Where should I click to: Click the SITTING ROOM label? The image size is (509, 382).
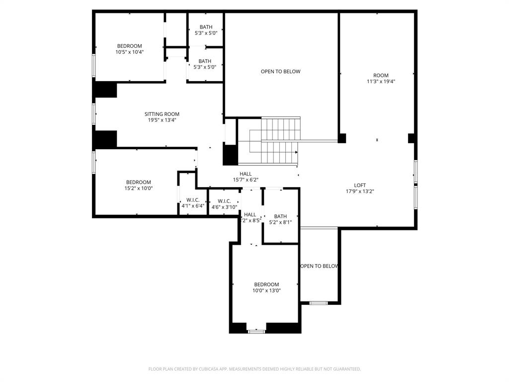pos(162,114)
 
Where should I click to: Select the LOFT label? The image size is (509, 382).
pos(360,185)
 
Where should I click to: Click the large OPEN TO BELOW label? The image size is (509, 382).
pos(280,72)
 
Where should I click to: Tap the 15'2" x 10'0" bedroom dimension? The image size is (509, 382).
pos(138,188)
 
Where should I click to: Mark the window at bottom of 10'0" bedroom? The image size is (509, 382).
pos(256,331)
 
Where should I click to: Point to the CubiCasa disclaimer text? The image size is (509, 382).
pos(254,369)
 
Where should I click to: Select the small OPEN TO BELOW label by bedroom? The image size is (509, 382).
pos(320,266)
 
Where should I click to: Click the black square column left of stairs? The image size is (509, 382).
pos(230,155)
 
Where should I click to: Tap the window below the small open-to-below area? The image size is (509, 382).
pos(319,302)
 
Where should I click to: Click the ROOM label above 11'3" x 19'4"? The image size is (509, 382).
pos(381,76)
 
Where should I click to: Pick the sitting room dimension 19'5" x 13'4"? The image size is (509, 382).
pos(162,120)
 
